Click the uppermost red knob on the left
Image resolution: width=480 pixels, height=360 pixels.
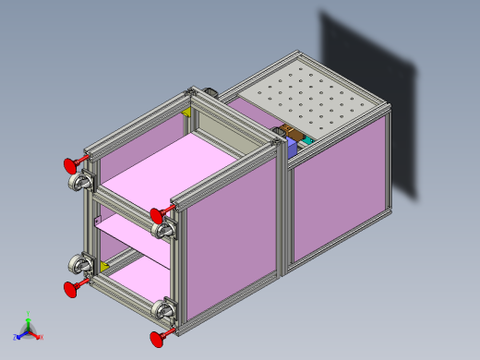click(x=68, y=165)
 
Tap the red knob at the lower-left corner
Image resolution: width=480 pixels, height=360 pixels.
click(x=69, y=290)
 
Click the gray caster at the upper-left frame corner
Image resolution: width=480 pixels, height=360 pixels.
click(x=79, y=183)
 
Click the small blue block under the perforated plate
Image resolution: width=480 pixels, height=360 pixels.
click(x=290, y=143)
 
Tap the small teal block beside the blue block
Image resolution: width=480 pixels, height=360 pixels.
click(x=307, y=140)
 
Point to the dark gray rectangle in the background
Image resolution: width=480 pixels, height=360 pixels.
click(x=369, y=102)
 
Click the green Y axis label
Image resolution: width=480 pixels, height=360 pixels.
click(x=29, y=313)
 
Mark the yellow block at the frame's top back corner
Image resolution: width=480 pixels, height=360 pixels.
click(x=189, y=113)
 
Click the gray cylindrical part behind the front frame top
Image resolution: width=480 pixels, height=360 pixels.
click(x=209, y=93)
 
